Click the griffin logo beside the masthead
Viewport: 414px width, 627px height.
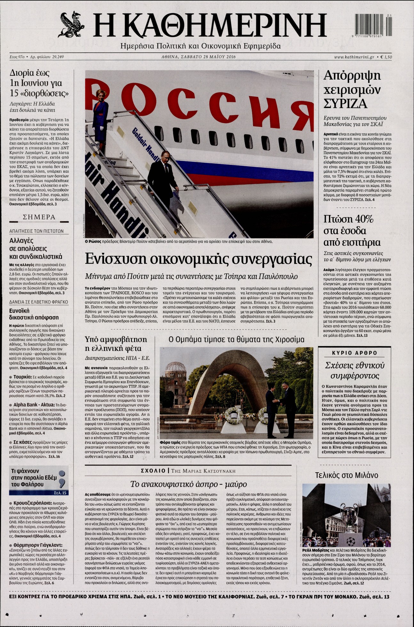point(71,24)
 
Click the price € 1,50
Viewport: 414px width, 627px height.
point(386,57)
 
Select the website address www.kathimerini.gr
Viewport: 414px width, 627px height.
point(354,57)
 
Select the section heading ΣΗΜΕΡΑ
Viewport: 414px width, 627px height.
point(39,217)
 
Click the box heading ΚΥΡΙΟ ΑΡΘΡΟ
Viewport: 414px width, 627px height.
point(354,353)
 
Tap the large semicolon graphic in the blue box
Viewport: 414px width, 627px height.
point(62,476)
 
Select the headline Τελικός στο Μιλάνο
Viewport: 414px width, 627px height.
point(346,475)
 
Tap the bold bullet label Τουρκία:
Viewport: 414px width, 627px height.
point(22,377)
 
